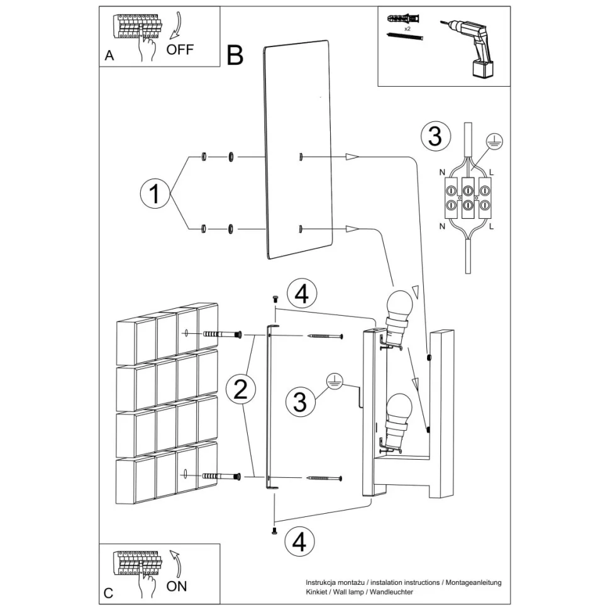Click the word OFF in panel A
coord(180,49)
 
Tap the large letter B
coord(234,55)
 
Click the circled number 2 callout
coord(240,389)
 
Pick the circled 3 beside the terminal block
coord(435,136)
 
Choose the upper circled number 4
coord(302,294)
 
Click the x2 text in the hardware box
coord(408,29)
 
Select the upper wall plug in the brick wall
coord(219,335)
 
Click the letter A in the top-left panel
coord(109,56)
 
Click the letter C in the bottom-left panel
coord(108,592)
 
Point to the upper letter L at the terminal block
coord(492,171)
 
